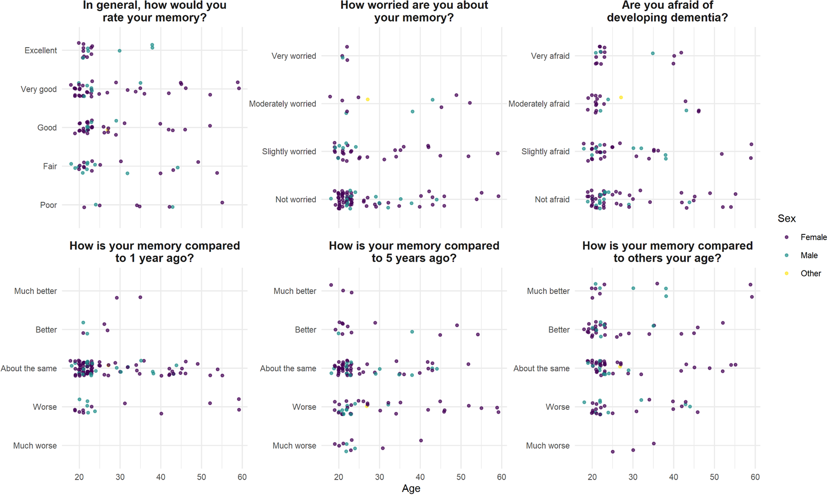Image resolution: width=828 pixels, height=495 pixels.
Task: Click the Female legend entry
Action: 813,237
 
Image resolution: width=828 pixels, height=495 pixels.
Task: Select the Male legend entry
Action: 809,255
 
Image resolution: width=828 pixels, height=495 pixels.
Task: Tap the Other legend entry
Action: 810,273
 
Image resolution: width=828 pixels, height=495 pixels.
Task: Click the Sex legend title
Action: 786,219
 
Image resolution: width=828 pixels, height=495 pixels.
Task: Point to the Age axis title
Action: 411,488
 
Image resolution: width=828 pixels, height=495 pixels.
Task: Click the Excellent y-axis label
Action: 41,50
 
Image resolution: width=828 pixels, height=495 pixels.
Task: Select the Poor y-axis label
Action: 48,205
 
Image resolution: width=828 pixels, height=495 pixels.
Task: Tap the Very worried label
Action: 293,56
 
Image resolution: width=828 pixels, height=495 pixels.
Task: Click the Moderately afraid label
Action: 539,104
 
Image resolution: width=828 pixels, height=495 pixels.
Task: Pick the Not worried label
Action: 295,199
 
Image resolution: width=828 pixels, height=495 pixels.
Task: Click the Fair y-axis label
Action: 50,166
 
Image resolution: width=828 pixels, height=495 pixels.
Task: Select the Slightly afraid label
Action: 545,151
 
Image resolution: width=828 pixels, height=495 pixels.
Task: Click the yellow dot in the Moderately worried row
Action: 368,99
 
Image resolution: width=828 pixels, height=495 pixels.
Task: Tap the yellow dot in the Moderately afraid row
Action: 621,97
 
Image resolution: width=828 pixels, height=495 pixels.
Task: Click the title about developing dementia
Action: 667,11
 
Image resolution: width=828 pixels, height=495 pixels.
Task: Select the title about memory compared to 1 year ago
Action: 154,252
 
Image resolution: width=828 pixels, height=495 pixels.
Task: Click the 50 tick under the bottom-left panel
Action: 201,477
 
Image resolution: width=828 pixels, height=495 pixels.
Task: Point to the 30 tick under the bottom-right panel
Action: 633,477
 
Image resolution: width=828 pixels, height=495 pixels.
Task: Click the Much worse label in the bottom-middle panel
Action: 294,446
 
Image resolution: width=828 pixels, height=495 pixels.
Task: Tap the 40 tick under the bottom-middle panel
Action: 420,477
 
